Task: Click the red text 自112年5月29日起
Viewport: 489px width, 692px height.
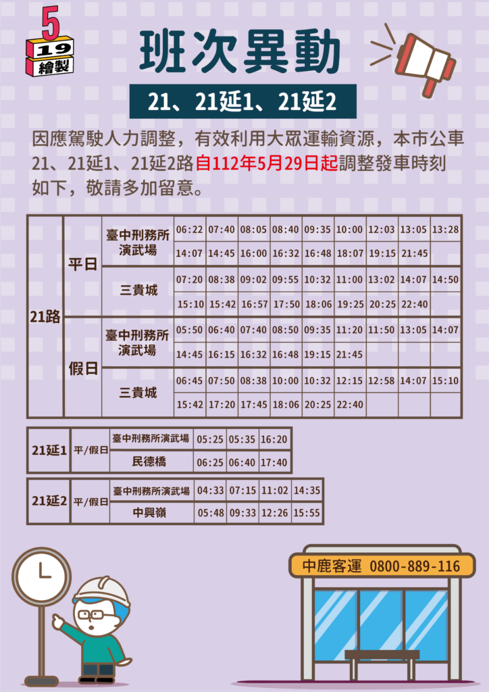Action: coord(267,164)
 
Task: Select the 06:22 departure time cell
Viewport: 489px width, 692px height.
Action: coord(190,230)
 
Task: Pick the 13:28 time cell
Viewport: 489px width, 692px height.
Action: coord(445,230)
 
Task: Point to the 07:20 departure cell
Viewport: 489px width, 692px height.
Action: coord(190,280)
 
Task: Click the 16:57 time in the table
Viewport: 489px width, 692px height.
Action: coord(253,305)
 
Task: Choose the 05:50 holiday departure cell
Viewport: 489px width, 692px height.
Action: coord(190,330)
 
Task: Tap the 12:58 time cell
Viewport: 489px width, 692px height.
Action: coord(382,380)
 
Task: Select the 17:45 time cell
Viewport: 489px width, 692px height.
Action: coord(253,405)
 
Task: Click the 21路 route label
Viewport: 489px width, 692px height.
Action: coord(45,317)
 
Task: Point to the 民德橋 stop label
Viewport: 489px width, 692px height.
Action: coord(149,462)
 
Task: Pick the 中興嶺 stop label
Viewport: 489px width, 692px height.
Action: coord(149,513)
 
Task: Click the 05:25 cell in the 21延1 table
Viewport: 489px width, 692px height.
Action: coord(211,439)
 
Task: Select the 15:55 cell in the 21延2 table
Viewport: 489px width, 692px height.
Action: coord(307,513)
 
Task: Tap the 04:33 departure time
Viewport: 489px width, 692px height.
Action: coord(211,491)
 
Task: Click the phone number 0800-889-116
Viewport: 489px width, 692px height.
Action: coord(415,566)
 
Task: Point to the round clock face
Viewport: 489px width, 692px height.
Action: coord(41,576)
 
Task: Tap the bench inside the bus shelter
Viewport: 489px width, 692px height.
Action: coord(382,664)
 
